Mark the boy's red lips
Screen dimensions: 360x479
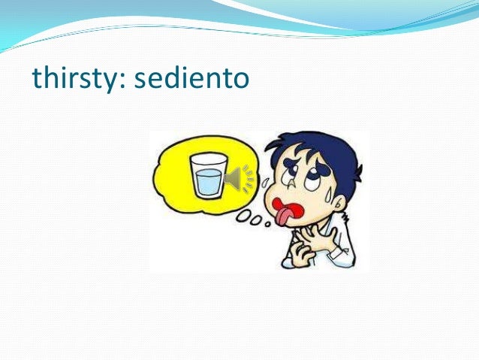point(286,207)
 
